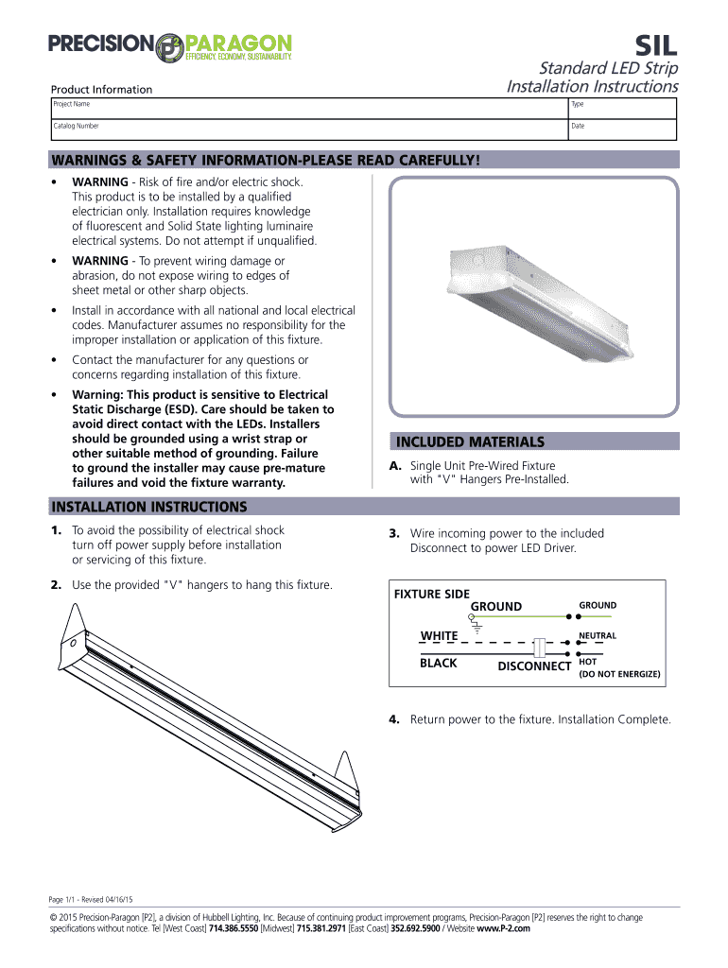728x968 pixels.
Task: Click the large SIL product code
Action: point(653,46)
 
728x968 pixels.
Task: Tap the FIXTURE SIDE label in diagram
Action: point(431,594)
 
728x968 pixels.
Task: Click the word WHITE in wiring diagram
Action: point(439,635)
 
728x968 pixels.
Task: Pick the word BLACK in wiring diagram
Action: point(439,664)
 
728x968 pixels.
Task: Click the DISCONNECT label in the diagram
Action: point(534,666)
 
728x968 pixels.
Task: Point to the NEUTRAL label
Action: point(598,636)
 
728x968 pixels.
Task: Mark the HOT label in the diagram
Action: point(587,662)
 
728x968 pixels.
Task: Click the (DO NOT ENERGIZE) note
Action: point(619,675)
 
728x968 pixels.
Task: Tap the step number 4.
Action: point(393,720)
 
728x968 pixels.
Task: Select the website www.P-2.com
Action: point(504,929)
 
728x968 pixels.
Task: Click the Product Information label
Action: point(101,90)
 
